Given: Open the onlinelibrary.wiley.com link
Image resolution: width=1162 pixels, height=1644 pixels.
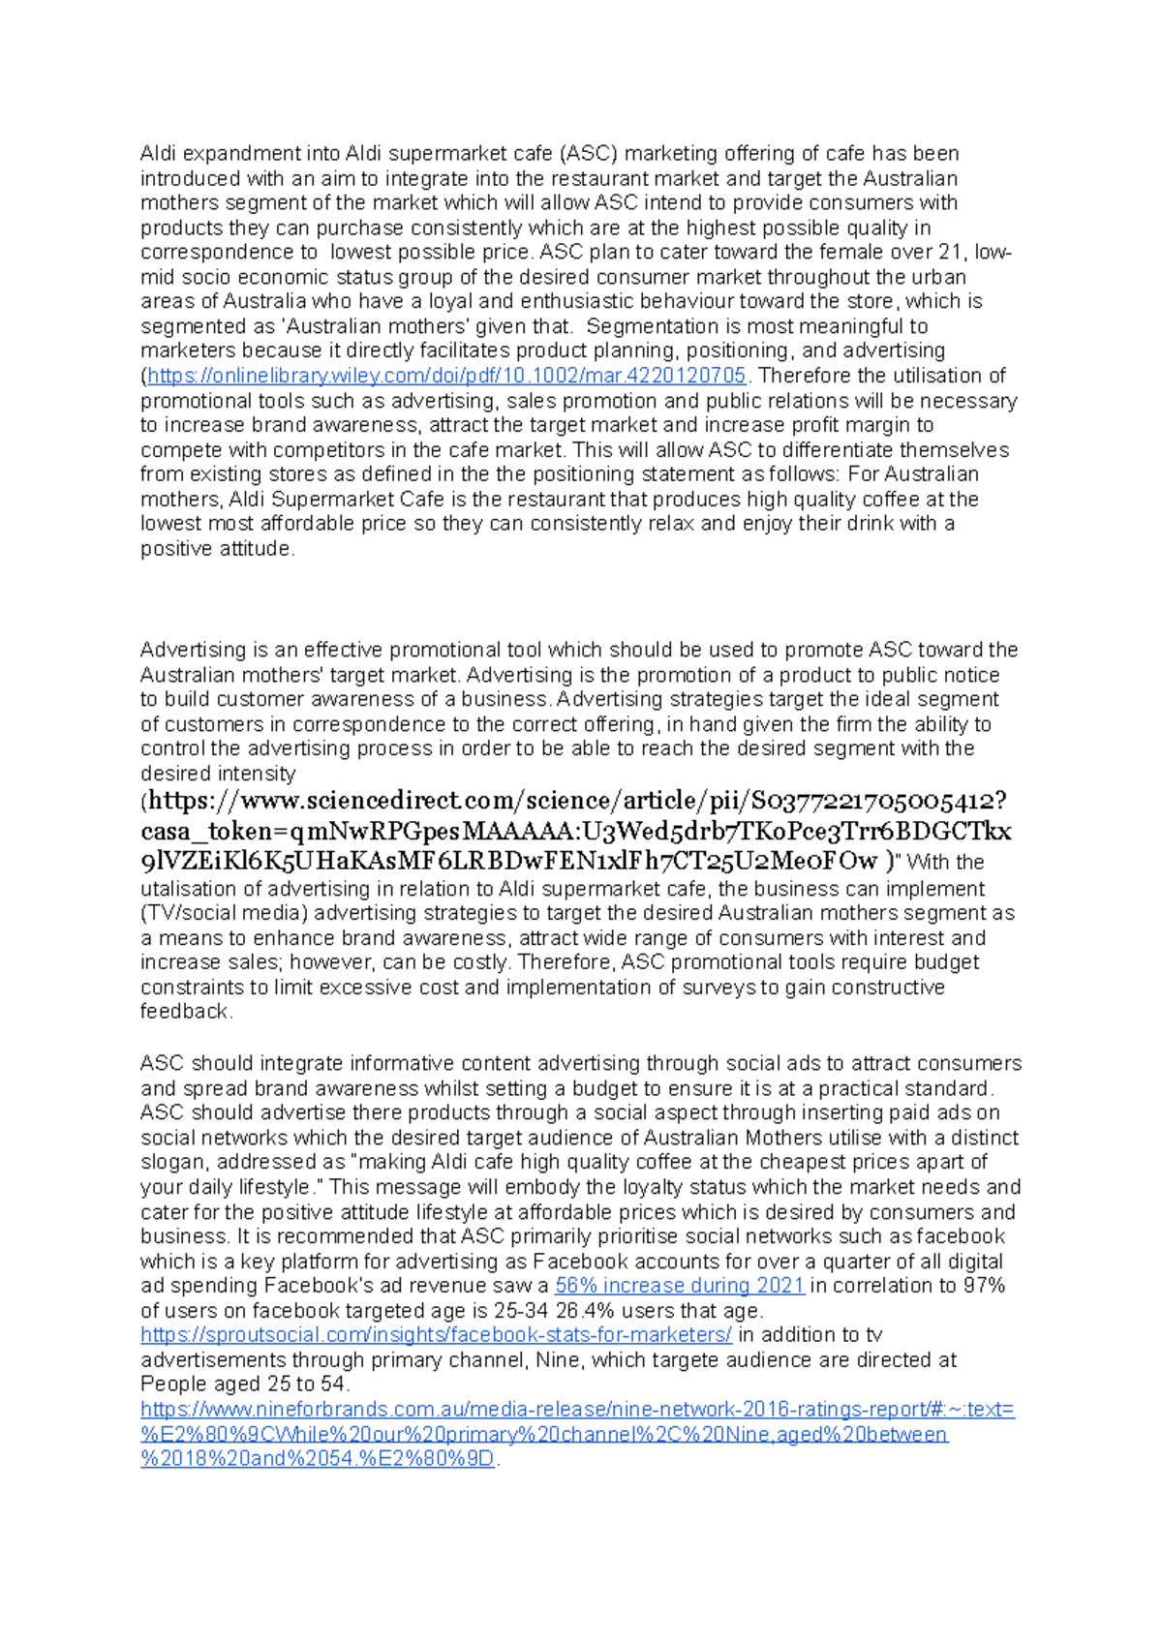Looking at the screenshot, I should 446,376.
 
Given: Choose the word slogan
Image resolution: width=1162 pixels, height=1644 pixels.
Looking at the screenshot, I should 173,1162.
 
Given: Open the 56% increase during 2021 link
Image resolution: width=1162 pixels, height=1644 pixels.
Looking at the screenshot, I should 680,1286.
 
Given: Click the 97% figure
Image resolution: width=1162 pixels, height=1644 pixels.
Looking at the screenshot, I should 984,1286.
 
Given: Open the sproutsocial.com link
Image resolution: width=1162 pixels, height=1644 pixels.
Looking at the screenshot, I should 437,1335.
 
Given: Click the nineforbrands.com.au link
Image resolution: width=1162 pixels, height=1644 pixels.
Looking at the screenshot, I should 577,1410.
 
